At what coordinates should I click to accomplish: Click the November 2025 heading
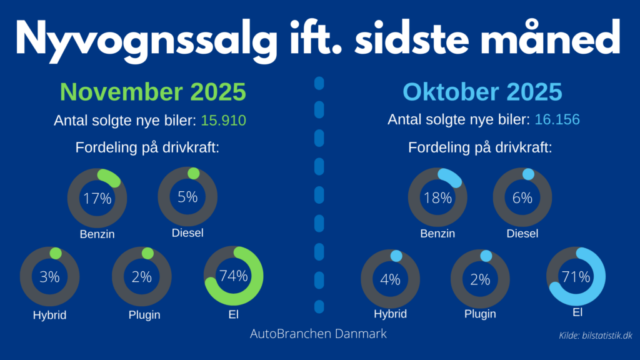(152, 92)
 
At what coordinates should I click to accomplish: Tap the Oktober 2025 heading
(482, 92)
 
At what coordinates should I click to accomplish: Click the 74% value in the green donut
(233, 276)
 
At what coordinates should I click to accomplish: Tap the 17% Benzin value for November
(97, 199)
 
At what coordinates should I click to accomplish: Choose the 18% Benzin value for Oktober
(437, 198)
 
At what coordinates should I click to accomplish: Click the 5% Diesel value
(187, 197)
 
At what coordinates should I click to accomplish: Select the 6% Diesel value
(522, 198)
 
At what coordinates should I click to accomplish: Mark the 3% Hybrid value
(50, 277)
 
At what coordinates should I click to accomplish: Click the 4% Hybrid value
(390, 279)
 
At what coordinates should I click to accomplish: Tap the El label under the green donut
(234, 314)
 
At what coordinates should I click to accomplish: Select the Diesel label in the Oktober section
(522, 234)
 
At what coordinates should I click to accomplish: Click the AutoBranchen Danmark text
(318, 334)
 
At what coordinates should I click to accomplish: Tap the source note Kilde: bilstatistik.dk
(596, 336)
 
